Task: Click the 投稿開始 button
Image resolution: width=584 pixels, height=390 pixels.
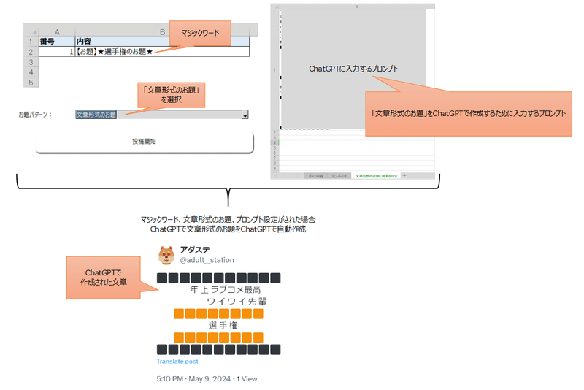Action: [x=144, y=141]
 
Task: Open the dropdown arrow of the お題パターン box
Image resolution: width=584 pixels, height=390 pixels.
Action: [x=245, y=115]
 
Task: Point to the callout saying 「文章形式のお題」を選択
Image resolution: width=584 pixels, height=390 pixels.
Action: [x=171, y=93]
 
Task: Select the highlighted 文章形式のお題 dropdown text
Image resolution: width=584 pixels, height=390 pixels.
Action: [x=96, y=115]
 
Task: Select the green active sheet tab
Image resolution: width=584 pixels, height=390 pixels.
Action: [x=376, y=176]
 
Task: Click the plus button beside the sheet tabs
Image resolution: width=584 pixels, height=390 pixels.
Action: [x=405, y=176]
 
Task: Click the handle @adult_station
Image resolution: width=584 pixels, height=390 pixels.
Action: [x=207, y=260]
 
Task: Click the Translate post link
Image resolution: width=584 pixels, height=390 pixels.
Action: [x=177, y=362]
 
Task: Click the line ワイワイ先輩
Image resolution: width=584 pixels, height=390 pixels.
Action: [x=236, y=301]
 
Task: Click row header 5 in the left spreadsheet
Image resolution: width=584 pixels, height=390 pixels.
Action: [x=30, y=83]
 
